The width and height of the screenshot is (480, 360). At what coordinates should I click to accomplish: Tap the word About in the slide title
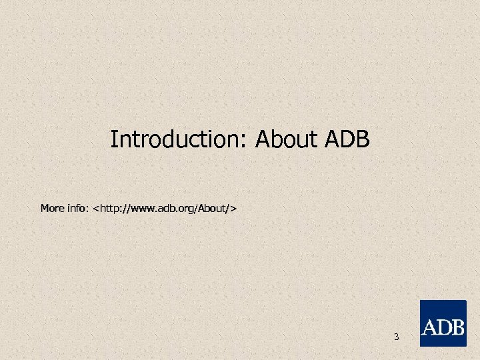pyautogui.click(x=288, y=140)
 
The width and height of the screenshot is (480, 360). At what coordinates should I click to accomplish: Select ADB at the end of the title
pyautogui.click(x=347, y=140)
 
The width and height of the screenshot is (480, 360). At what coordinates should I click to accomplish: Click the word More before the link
pyautogui.click(x=53, y=209)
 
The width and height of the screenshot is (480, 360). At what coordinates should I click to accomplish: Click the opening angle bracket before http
pyautogui.click(x=97, y=209)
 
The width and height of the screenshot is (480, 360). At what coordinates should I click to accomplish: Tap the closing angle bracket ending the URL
pyautogui.click(x=233, y=209)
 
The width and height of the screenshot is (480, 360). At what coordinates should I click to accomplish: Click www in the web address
pyautogui.click(x=143, y=209)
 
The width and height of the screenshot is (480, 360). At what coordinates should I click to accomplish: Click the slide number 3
pyautogui.click(x=396, y=337)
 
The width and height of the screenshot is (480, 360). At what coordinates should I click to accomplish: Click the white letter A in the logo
pyautogui.click(x=429, y=328)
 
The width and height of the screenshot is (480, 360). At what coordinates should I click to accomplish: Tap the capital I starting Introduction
pyautogui.click(x=113, y=140)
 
